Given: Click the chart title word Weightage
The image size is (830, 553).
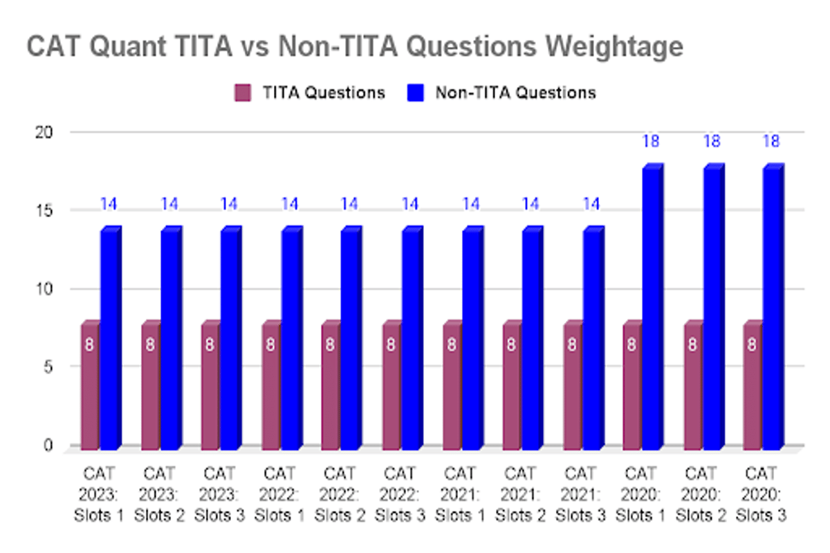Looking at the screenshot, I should coord(609,46).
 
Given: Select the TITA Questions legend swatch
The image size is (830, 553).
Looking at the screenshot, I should coord(243,93).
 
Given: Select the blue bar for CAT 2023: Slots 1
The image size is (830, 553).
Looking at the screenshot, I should coord(111,339).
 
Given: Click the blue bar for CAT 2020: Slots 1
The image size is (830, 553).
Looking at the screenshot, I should coord(652,308).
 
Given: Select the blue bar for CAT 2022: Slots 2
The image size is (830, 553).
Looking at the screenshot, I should coord(351,339).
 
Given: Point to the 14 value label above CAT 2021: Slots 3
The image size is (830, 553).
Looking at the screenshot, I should coord(591,204).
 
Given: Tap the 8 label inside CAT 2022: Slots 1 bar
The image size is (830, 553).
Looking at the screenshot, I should coord(270,344).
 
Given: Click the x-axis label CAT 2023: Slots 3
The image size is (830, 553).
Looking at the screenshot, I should coord(221,494).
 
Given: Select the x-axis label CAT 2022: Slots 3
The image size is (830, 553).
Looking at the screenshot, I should coord(400,494).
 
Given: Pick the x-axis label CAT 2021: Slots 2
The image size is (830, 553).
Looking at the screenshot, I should coord(521,494).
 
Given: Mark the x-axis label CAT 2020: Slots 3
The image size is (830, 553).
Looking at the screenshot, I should coord(762,494).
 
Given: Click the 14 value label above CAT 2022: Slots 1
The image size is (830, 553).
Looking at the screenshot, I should coord(290,204).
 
